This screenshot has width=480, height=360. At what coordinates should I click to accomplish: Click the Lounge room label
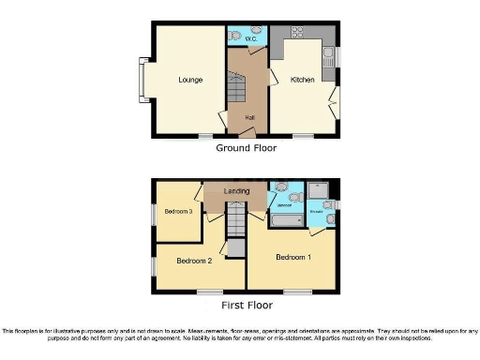pos(190,80)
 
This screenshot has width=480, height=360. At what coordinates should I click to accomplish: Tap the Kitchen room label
pos(302,80)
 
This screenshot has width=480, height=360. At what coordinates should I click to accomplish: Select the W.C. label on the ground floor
pos(251,39)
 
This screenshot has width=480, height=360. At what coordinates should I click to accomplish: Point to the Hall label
pos(249,117)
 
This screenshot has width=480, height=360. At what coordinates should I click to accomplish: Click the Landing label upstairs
pos(236,192)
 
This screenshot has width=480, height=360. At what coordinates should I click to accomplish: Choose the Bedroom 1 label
pos(293,255)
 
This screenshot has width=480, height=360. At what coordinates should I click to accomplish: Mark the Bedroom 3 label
pos(178,212)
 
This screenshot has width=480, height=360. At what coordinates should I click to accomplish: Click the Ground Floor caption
pos(246,148)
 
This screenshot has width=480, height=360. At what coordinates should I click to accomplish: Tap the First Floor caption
pos(246,306)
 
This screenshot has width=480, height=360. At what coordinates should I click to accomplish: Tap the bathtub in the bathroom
pos(287,223)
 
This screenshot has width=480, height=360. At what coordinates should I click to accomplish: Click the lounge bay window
pos(144,80)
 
